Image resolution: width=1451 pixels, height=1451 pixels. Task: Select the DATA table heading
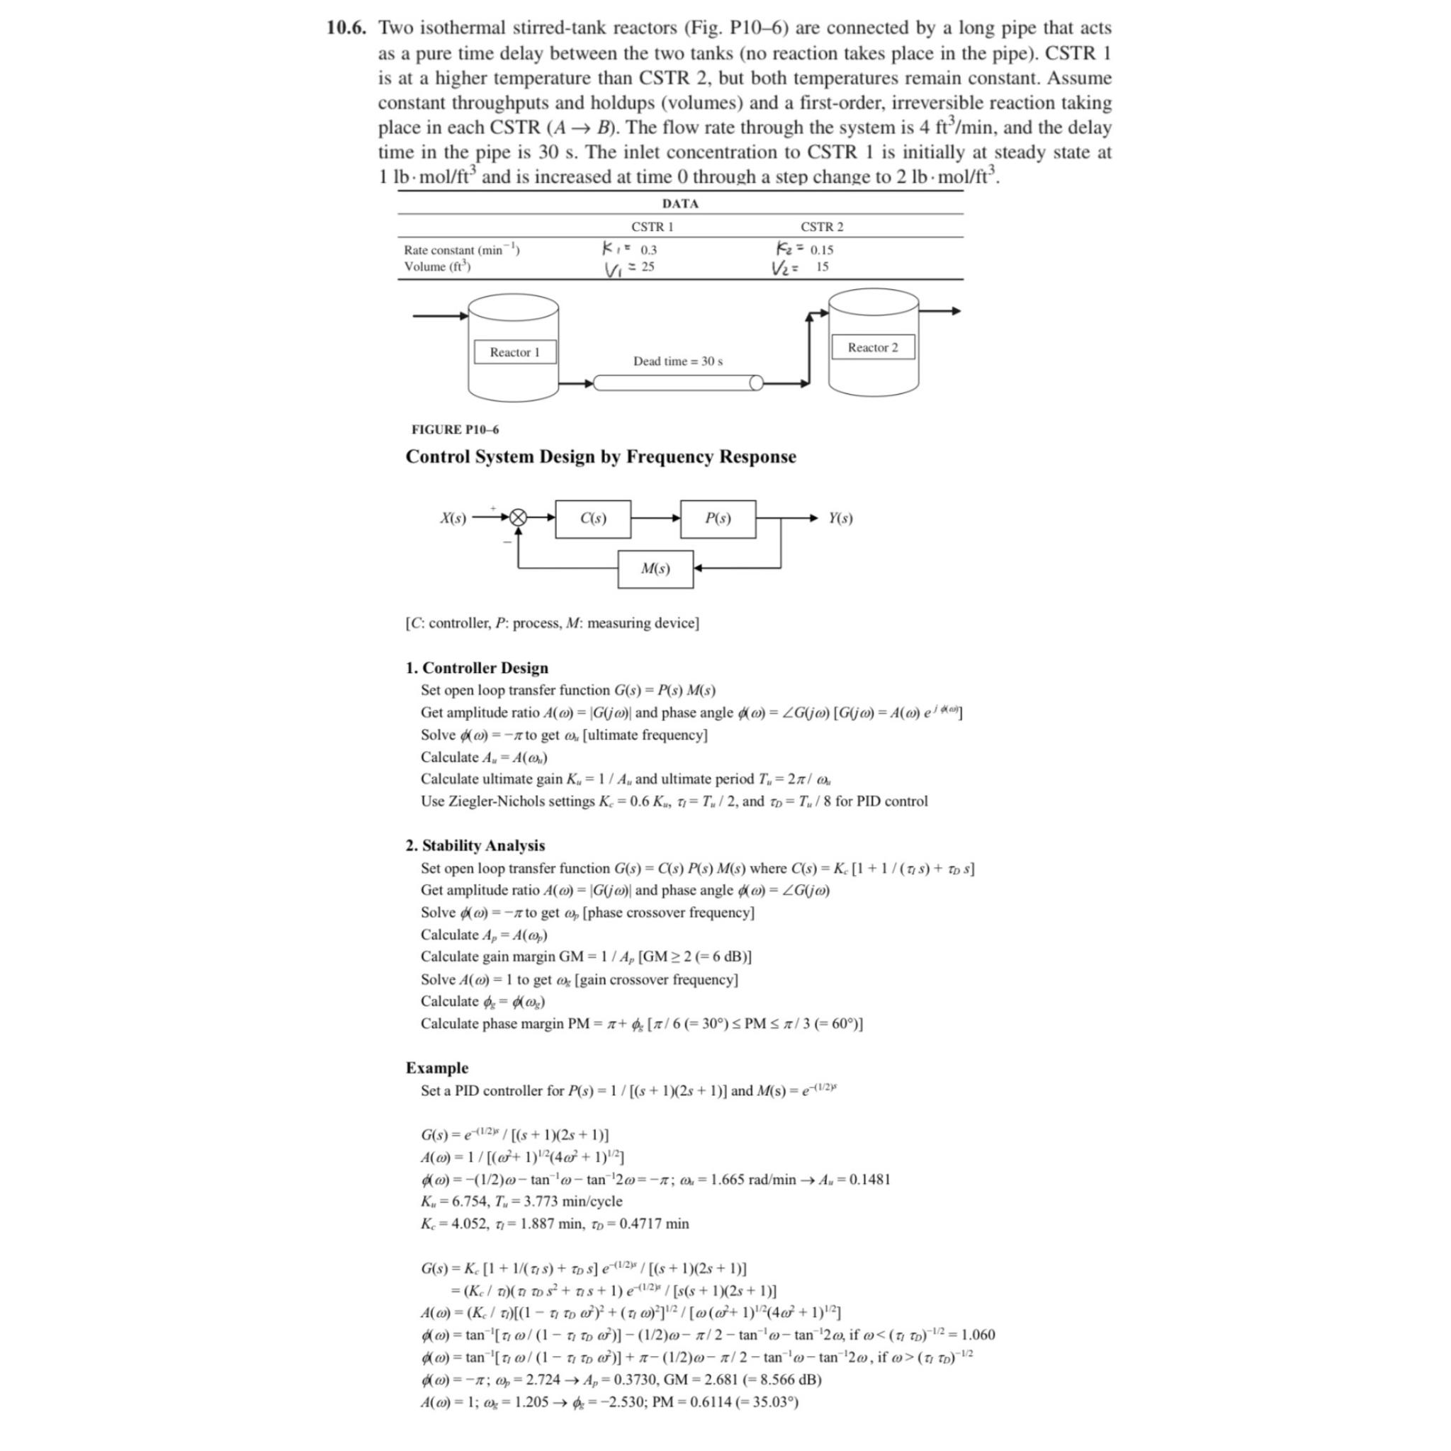pos(679,203)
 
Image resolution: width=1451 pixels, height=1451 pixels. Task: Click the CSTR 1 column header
pos(652,227)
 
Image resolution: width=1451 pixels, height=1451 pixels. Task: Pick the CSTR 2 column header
pos(822,227)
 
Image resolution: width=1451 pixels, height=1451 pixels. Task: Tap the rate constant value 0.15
pos(822,250)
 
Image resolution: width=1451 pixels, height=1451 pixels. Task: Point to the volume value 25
pos(648,266)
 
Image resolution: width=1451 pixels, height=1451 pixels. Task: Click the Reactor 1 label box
pos(514,352)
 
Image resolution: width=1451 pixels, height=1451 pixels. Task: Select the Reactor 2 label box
pos(873,348)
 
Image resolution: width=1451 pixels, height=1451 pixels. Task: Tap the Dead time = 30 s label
pos(677,361)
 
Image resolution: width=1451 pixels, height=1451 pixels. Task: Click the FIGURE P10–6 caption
pos(454,429)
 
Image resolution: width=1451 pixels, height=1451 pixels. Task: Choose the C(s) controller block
pos(592,519)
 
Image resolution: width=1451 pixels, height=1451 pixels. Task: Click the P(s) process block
pos(717,519)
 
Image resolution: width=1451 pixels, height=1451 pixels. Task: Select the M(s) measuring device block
pos(655,570)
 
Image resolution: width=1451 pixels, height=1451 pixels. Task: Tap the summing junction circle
pos(518,518)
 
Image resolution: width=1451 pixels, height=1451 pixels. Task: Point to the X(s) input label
pos(453,518)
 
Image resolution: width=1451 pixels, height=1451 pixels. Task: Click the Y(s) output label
pos(840,518)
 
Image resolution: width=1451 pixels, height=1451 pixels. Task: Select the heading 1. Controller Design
pos(477,667)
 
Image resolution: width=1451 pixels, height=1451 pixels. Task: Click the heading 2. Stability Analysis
pos(475,846)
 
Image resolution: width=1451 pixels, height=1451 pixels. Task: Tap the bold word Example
pos(436,1068)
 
